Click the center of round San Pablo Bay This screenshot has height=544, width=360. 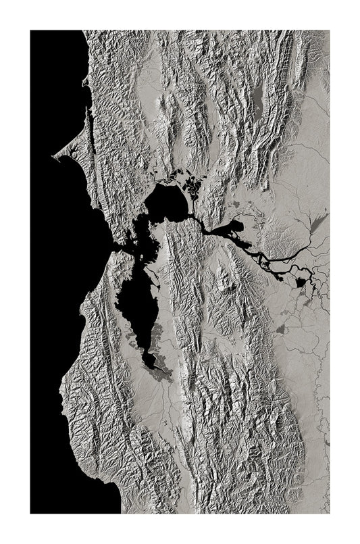click(165, 203)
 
